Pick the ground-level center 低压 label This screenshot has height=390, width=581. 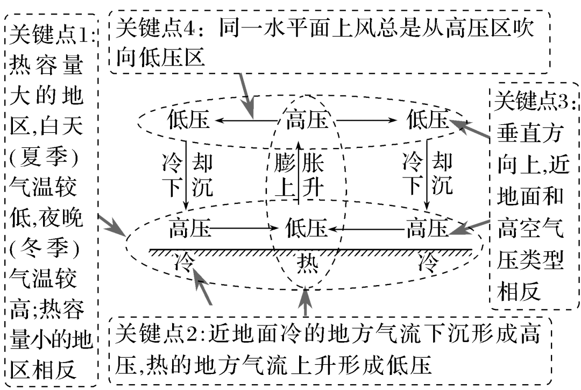(306, 228)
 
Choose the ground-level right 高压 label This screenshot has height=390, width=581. (427, 228)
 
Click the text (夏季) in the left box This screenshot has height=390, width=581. (46, 159)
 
